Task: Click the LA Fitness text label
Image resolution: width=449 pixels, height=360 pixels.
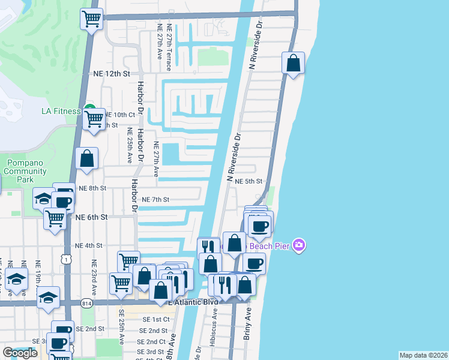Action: click(x=61, y=111)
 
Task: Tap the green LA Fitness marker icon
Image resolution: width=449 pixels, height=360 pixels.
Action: click(x=90, y=110)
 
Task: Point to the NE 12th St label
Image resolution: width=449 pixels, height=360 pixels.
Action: click(x=112, y=74)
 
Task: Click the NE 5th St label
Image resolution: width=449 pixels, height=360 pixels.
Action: click(x=249, y=181)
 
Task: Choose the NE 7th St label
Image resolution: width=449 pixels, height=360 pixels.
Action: click(x=155, y=199)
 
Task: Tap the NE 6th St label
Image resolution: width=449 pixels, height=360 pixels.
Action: click(x=91, y=217)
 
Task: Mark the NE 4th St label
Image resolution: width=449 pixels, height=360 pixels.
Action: click(x=88, y=245)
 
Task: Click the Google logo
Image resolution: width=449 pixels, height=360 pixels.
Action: click(x=20, y=353)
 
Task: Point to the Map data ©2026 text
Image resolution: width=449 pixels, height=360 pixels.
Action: click(x=423, y=355)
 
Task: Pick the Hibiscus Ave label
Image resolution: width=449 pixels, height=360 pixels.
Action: click(x=214, y=338)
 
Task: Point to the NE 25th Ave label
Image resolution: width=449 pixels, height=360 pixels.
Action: click(x=129, y=146)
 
